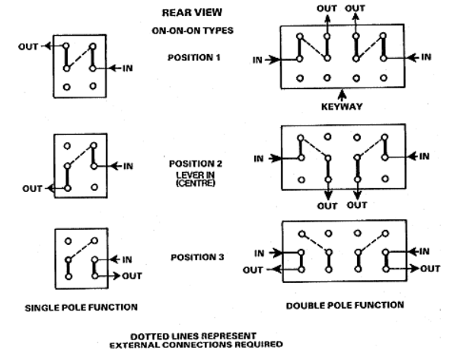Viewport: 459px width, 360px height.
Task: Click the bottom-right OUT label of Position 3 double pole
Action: [x=430, y=268]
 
